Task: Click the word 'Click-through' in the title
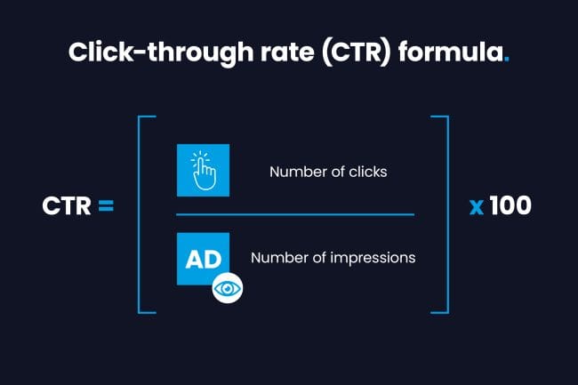tap(161, 52)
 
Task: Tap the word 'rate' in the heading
tap(287, 52)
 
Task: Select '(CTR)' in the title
tap(356, 52)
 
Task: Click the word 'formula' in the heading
tap(451, 52)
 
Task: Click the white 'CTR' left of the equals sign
tap(67, 206)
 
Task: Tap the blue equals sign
tap(106, 206)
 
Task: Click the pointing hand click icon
tap(203, 170)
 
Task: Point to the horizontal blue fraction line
tap(295, 214)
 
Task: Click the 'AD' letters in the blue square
tap(204, 259)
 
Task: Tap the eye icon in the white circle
tap(228, 288)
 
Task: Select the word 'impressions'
tap(373, 258)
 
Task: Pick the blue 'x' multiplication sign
tap(477, 207)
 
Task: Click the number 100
tap(510, 205)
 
